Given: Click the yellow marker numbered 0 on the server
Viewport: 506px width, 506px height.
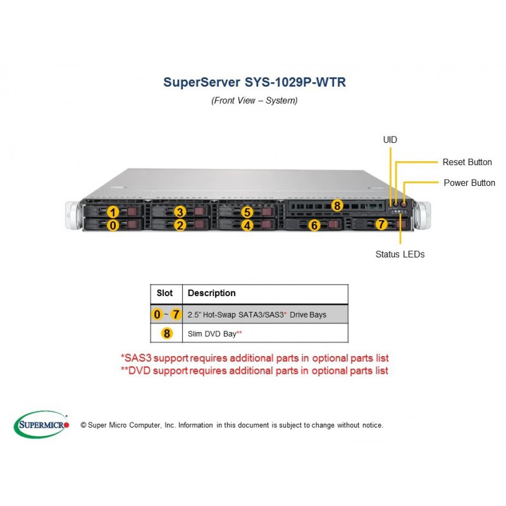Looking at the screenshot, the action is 113,225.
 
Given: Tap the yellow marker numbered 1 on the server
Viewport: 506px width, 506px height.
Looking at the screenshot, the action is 113,213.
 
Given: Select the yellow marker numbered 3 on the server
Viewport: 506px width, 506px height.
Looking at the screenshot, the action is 180,212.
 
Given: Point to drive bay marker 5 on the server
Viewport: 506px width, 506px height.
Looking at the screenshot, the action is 247,212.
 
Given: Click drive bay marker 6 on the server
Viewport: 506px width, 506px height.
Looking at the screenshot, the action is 314,225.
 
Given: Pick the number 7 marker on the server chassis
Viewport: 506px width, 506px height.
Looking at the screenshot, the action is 381,224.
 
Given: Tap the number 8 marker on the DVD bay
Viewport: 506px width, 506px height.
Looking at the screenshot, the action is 337,205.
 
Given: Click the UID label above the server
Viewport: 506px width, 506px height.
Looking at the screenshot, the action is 390,140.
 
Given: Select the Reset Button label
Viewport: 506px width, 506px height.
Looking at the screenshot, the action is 467,162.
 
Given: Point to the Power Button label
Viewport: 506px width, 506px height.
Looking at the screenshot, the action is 469,183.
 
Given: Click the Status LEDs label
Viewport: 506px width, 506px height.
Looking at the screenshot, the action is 400,254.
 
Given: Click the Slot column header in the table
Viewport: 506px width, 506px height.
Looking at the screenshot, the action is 164,293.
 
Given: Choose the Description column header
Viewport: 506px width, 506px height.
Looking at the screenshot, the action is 212,293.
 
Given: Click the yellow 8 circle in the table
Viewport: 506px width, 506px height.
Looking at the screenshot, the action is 167,333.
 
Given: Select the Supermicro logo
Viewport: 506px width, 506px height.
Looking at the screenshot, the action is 41,424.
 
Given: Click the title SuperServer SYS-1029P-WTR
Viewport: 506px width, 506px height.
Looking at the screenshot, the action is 254,82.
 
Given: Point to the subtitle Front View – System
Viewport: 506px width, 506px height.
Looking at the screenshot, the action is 254,101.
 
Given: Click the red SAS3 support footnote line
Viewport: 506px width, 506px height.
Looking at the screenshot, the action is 255,358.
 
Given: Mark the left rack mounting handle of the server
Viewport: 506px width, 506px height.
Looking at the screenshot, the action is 73,215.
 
